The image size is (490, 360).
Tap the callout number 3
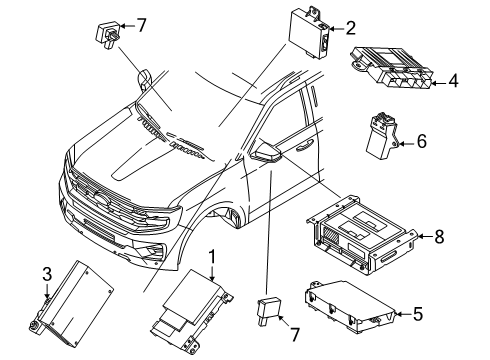pos(47,273)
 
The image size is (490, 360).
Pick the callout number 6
pos(421,142)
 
